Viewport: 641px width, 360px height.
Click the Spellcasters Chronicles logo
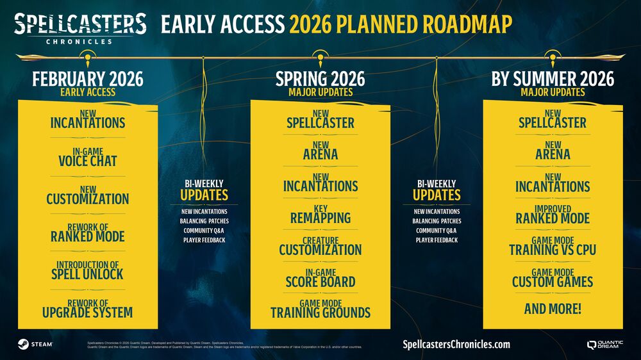(80, 27)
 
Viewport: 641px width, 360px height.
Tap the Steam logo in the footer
(36, 344)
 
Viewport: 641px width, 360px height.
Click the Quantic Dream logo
(604, 344)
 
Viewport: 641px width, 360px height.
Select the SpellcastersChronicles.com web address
(456, 344)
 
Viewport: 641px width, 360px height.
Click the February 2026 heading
(88, 79)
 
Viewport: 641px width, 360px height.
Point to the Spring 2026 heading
(320, 79)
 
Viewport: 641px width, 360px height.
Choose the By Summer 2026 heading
(553, 79)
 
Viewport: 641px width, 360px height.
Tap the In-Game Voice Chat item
(88, 157)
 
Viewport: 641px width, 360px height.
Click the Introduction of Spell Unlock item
(88, 270)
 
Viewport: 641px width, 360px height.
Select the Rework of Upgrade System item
(88, 308)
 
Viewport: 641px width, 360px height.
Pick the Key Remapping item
(320, 215)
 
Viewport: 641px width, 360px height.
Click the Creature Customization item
(320, 246)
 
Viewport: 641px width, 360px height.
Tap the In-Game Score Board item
(320, 278)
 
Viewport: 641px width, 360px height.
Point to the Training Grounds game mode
(320, 309)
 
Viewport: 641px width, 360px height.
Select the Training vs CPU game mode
(553, 246)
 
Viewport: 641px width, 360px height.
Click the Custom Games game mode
(553, 278)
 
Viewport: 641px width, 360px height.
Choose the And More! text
(553, 309)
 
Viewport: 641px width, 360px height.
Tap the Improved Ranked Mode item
(553, 215)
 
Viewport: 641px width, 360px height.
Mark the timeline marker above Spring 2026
(320, 57)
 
